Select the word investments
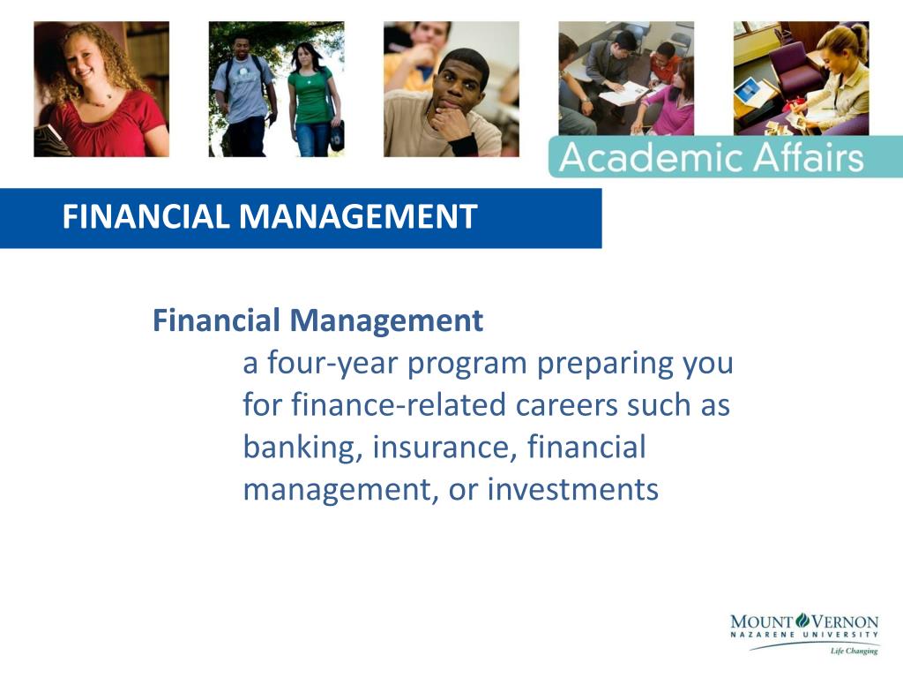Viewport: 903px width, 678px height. [x=572, y=489]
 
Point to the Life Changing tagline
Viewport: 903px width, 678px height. [x=853, y=652]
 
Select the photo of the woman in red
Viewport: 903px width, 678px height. [x=101, y=89]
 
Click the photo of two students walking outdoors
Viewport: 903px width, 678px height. [x=276, y=89]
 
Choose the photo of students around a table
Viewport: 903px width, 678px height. [x=625, y=79]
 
